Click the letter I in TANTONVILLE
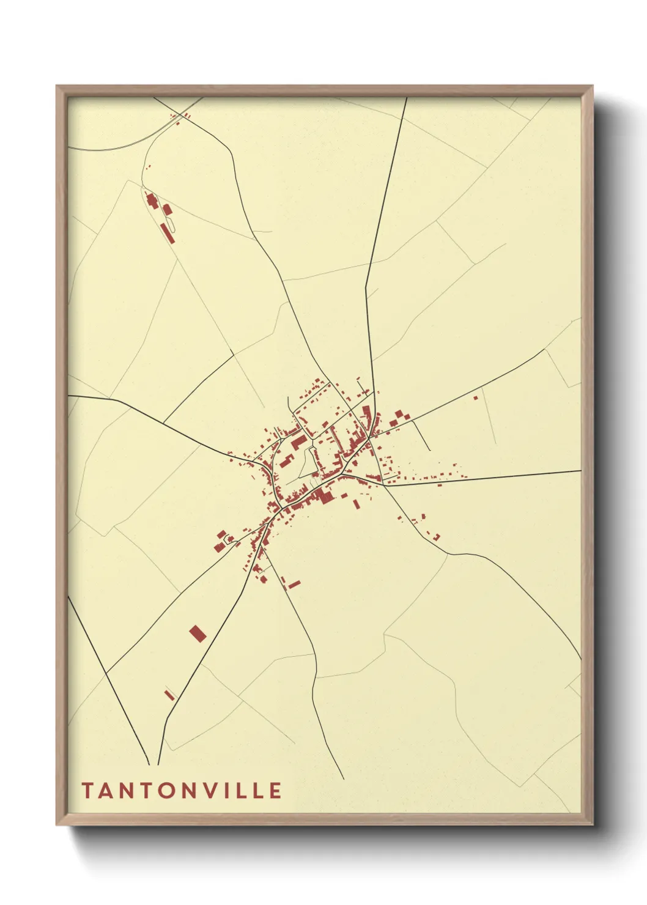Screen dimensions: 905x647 coord(222,791)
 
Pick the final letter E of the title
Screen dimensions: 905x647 coord(275,791)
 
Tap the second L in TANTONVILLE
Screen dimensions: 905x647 coord(254,791)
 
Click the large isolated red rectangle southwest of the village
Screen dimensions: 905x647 coord(197,633)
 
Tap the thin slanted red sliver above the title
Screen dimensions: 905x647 coord(169,695)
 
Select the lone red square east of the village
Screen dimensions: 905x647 coord(475,398)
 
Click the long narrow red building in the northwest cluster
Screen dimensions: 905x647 coord(165,233)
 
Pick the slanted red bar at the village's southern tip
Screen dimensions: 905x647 coord(294,585)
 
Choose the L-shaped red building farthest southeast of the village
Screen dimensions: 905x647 coord(437,537)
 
